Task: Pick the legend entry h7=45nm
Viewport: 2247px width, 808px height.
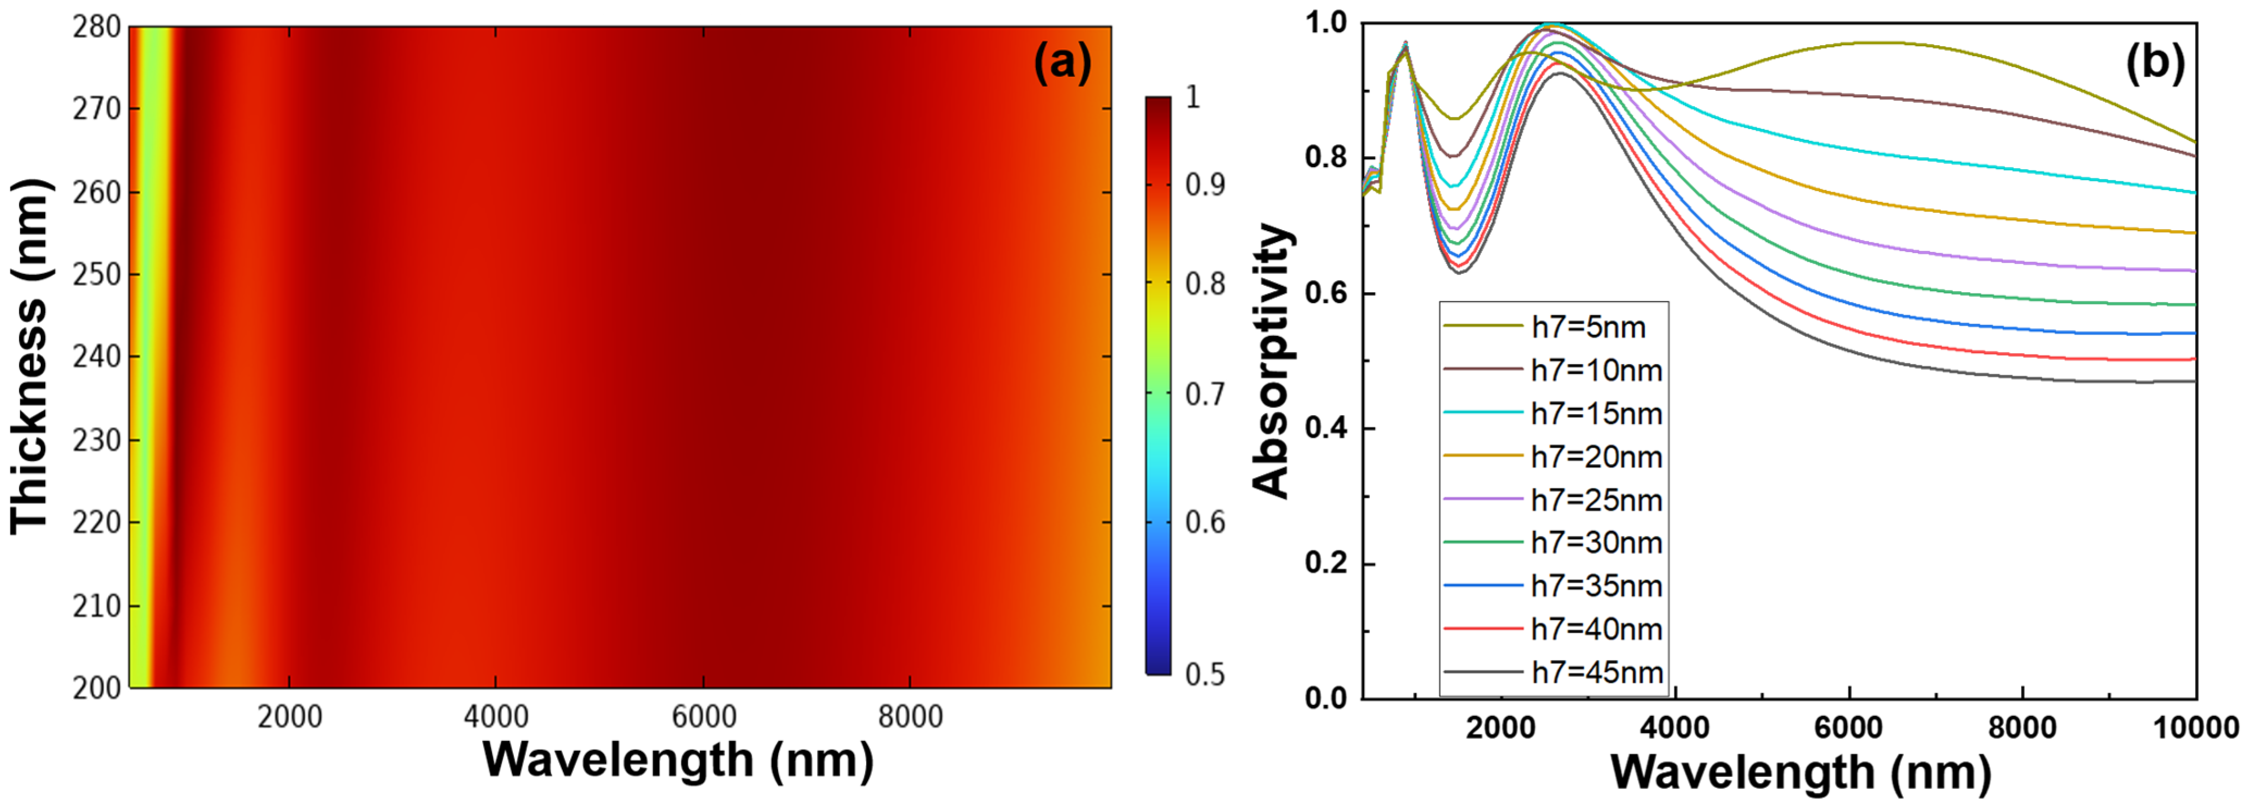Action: pyautogui.click(x=1596, y=673)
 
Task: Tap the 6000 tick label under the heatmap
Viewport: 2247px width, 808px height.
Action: pyautogui.click(x=703, y=717)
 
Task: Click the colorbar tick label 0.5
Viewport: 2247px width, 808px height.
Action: pyautogui.click(x=1205, y=675)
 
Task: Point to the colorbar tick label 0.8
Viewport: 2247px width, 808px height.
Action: pyautogui.click(x=1205, y=283)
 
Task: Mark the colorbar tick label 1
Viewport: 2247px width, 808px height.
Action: pyautogui.click(x=1193, y=97)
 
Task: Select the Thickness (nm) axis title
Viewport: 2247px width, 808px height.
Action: pyautogui.click(x=30, y=356)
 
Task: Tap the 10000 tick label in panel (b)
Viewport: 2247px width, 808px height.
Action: pyautogui.click(x=2195, y=727)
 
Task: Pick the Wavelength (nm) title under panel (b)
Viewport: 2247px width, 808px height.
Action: pyautogui.click(x=1801, y=772)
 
